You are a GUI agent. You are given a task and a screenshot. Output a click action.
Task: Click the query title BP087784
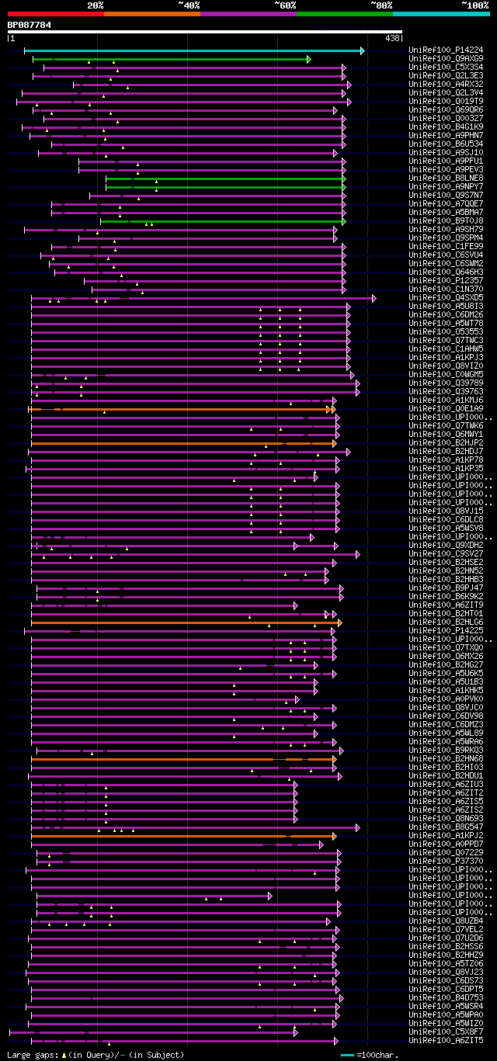point(30,25)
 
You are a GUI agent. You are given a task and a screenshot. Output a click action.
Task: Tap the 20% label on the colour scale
point(96,5)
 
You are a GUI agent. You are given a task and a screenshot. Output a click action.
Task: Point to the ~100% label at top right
point(474,5)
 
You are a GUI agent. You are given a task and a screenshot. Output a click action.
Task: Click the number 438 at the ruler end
point(392,37)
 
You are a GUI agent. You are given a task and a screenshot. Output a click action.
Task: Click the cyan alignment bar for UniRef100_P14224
point(194,50)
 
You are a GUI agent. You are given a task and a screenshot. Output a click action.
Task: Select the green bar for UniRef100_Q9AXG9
point(171,59)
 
